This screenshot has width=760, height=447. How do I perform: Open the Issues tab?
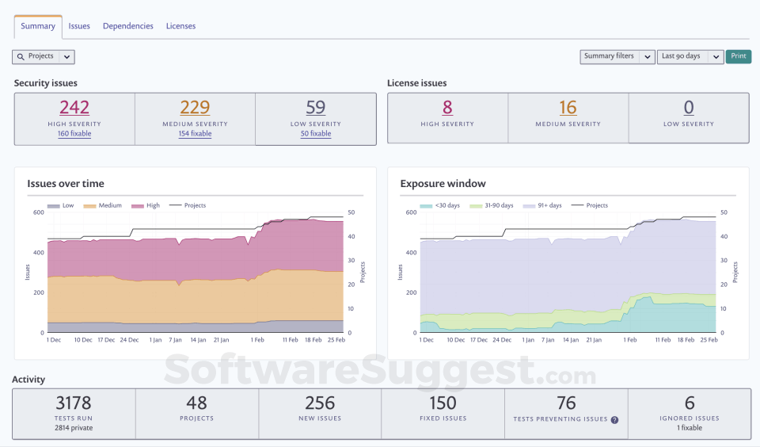point(79,26)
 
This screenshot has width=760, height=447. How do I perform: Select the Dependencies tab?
point(128,26)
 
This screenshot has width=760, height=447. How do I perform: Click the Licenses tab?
point(180,26)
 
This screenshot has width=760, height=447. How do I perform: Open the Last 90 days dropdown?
point(690,56)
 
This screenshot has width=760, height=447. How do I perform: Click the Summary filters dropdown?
point(617,56)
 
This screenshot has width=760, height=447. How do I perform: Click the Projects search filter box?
point(44,56)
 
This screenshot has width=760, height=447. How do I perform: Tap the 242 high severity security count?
point(74,107)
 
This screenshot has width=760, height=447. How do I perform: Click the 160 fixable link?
point(74,134)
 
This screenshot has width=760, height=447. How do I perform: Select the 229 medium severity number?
point(195,107)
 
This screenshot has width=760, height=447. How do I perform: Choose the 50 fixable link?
point(316,134)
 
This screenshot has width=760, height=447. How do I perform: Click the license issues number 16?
point(568,107)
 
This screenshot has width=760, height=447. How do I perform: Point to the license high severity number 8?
point(447,107)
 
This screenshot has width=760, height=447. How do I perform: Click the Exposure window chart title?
point(443,184)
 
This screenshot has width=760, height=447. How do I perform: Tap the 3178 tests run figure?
point(74,403)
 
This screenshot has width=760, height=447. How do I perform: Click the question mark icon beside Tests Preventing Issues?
point(614,419)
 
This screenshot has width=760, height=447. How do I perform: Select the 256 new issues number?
point(320,403)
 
